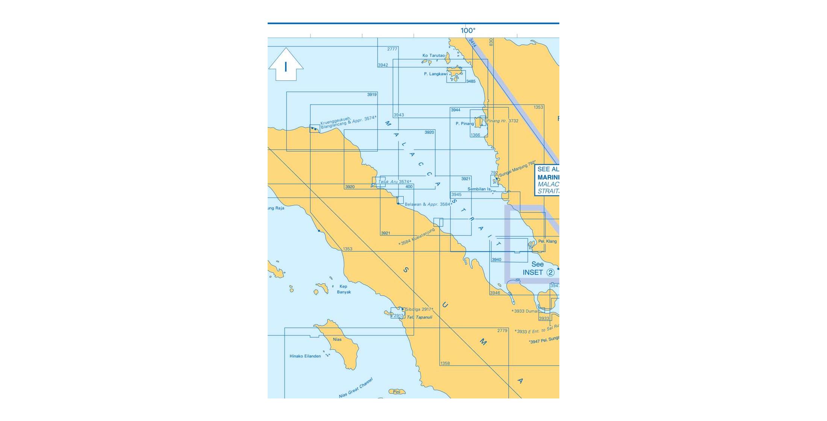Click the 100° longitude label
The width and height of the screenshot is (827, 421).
point(468,30)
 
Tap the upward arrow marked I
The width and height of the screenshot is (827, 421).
point(286,65)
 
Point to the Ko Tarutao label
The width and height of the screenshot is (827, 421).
point(433,56)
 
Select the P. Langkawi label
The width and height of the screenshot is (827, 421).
point(435,74)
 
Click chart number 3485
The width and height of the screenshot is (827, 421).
point(471,81)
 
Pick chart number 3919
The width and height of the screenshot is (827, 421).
point(372,95)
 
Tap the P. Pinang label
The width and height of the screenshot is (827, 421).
point(465,124)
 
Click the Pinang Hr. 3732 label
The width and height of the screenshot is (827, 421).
point(502,121)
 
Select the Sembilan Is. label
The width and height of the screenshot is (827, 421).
point(479,189)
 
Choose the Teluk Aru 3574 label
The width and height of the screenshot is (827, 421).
point(394,182)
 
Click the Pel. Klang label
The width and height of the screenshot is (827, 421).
point(547,241)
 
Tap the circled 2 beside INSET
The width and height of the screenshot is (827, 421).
point(550,273)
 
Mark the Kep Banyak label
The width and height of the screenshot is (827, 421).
point(344,289)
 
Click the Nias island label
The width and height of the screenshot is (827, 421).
point(337,339)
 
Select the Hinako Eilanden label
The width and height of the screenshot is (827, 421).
point(305,356)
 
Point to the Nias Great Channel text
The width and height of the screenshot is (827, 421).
point(356,388)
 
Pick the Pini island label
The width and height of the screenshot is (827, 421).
point(397,392)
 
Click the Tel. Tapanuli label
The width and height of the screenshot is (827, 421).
point(419,317)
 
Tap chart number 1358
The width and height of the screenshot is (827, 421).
point(445,363)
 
